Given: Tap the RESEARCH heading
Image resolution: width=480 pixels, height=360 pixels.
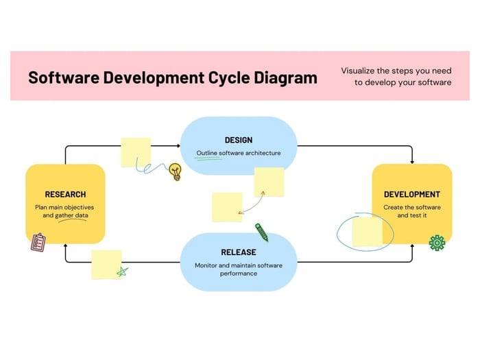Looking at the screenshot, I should pyautogui.click(x=65, y=194).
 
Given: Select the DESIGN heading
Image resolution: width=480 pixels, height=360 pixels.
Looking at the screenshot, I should pyautogui.click(x=239, y=140).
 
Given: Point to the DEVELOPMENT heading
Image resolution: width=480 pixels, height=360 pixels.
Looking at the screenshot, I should pyautogui.click(x=411, y=194).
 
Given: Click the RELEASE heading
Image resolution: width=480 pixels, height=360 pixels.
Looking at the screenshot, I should pyautogui.click(x=239, y=252).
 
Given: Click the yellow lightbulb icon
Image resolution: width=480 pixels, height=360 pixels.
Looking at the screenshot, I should pyautogui.click(x=176, y=171).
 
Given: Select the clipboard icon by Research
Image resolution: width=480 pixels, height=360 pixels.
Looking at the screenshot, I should pyautogui.click(x=38, y=242).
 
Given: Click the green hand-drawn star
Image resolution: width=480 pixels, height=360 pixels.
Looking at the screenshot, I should pyautogui.click(x=121, y=271).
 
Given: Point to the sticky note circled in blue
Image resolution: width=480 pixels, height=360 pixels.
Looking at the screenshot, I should pyautogui.click(x=368, y=232).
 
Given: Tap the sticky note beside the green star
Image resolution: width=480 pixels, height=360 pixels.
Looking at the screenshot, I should pyautogui.click(x=106, y=263).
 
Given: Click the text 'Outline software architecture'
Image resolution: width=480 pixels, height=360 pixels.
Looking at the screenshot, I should pyautogui.click(x=239, y=153).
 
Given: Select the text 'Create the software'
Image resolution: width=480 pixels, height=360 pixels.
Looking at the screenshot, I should pyautogui.click(x=412, y=207).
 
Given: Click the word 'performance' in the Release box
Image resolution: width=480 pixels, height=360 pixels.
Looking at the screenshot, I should pyautogui.click(x=239, y=273).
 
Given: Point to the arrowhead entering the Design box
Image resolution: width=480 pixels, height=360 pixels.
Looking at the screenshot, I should pyautogui.click(x=177, y=146).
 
